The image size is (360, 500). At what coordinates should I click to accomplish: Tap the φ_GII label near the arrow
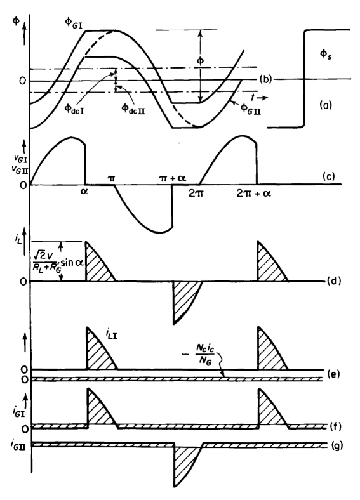250,109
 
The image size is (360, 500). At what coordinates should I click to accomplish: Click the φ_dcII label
133,109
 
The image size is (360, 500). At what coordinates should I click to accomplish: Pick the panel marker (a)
326,105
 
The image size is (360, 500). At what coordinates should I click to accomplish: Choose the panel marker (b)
265,79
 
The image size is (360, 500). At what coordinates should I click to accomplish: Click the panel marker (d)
334,281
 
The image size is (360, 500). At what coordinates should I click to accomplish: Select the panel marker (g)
336,445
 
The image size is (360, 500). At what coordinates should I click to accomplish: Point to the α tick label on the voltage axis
84,192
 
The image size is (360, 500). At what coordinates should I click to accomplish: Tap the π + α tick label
172,178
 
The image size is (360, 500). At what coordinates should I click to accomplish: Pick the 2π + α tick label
254,194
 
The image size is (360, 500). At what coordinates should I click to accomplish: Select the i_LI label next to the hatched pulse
111,334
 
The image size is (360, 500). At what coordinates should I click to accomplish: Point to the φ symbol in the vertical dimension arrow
200,61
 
